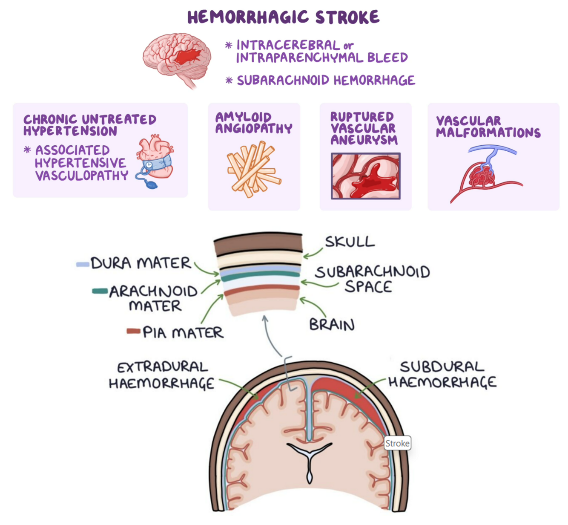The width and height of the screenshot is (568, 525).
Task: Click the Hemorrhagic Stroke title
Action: [x=283, y=17]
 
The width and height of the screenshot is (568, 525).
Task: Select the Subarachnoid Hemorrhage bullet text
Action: [x=326, y=81]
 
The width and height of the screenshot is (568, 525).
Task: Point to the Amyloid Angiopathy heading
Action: [x=254, y=123]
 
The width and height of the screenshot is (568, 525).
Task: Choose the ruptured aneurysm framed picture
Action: [x=366, y=176]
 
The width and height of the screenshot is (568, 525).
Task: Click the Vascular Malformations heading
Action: [x=488, y=127]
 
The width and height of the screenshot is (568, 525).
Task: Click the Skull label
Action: [x=350, y=242]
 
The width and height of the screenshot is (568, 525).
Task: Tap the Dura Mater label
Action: [x=141, y=263]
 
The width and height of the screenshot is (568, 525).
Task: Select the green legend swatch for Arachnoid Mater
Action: [x=100, y=291]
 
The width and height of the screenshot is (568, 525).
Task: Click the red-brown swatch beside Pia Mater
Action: [x=133, y=331]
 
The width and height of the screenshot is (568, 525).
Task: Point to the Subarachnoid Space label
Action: [x=372, y=279]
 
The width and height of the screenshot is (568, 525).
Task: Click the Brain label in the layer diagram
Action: [x=332, y=325]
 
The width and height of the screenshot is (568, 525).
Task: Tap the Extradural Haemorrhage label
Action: [x=162, y=375]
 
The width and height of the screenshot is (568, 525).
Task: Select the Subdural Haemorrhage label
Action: [x=442, y=375]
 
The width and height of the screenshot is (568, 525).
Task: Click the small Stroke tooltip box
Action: [x=397, y=443]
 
